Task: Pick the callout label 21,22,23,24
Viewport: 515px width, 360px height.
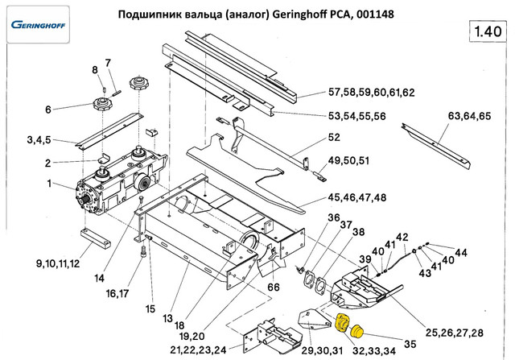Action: (198, 349)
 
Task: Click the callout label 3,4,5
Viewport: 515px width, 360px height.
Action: (39, 140)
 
